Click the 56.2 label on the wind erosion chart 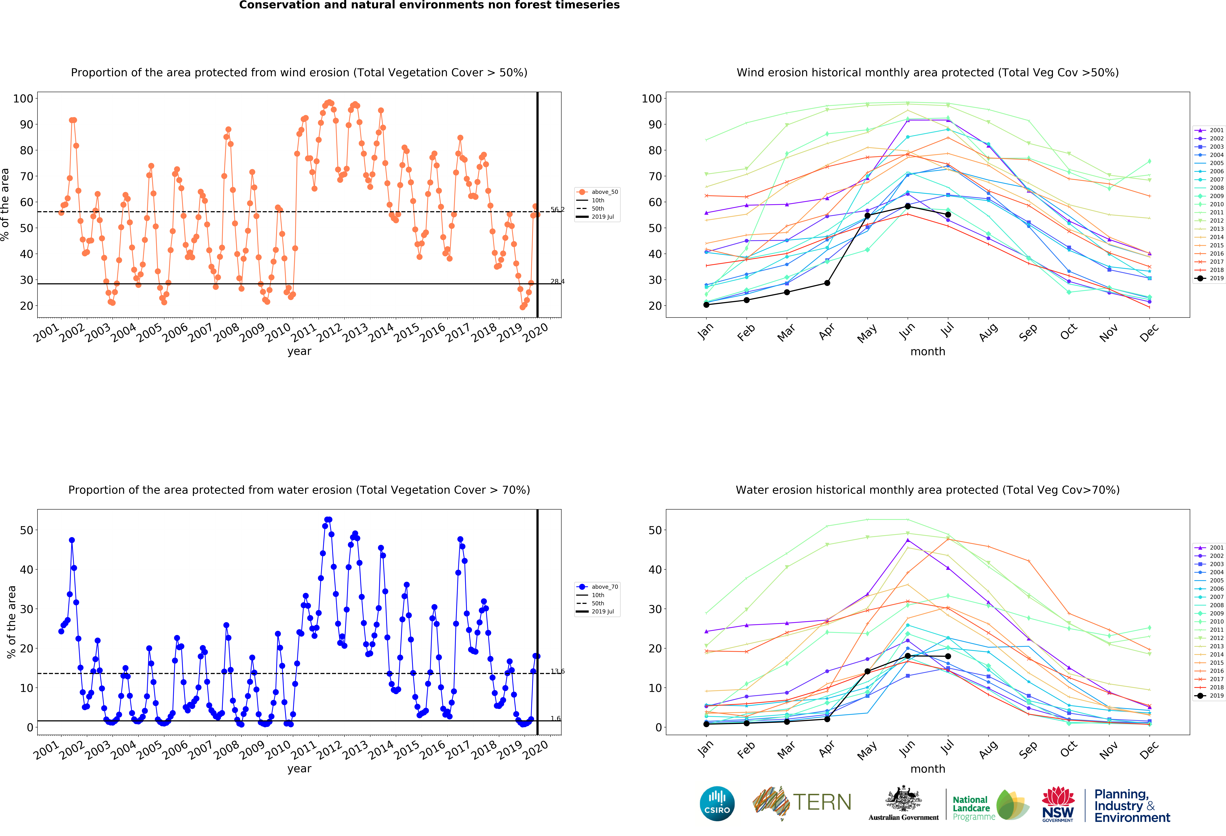[x=557, y=209]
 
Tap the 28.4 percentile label [x=557, y=281]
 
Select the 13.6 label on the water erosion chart [x=557, y=671]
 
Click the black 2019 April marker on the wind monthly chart [x=827, y=283]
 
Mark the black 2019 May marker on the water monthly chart [x=867, y=671]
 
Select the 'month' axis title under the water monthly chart [x=927, y=768]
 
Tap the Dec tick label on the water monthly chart [x=1148, y=749]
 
